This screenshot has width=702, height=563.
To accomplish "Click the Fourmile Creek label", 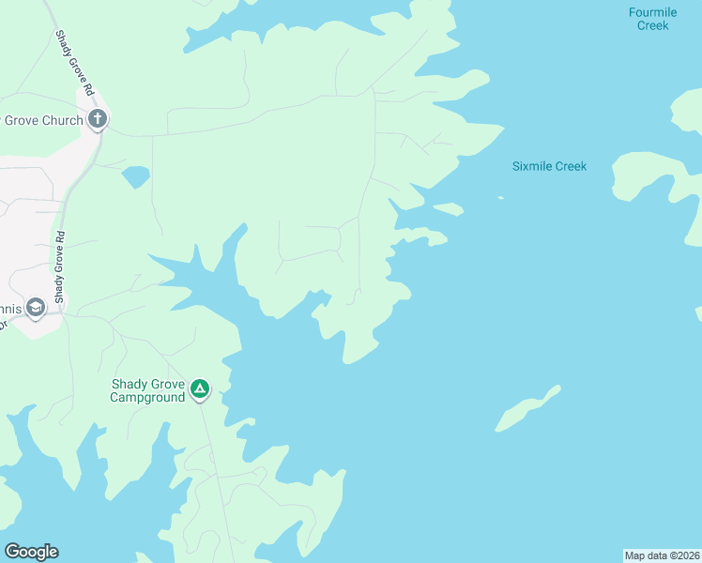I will [x=653, y=19].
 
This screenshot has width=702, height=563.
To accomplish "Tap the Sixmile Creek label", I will [x=549, y=166].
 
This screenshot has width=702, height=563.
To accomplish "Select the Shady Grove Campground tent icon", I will [x=200, y=388].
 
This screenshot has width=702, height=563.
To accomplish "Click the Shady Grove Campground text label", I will [x=147, y=390].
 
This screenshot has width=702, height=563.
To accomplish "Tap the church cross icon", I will [x=98, y=119].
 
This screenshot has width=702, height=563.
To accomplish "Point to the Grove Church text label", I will [x=42, y=120].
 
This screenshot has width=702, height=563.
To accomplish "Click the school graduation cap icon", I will [x=36, y=307].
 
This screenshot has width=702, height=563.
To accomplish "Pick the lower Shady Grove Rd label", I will [x=59, y=266].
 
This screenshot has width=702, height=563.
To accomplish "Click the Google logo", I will [x=31, y=552].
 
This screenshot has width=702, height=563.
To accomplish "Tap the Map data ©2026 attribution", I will [x=662, y=555].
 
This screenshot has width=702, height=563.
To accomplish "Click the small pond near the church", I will [x=136, y=175].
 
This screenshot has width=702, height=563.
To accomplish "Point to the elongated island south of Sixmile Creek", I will [x=527, y=408].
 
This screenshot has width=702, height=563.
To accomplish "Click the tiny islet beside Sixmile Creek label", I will [x=500, y=197].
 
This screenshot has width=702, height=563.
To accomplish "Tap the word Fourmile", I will [x=653, y=12].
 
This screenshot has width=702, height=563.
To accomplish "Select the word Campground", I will [x=147, y=398].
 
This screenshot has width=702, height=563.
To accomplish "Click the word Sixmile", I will [x=531, y=166].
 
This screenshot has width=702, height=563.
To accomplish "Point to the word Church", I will [x=62, y=120].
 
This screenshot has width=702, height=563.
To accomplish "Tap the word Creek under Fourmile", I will [x=653, y=25].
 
